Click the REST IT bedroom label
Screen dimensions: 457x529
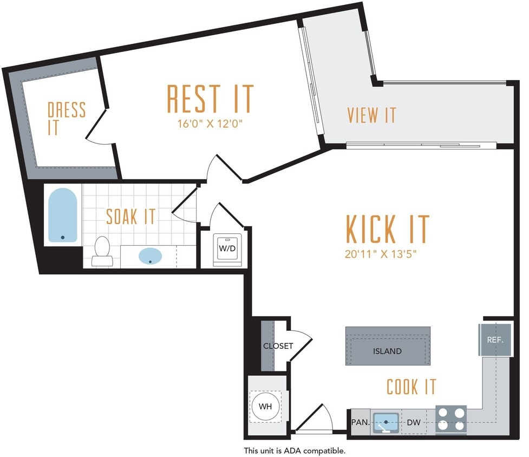[x=210, y=99]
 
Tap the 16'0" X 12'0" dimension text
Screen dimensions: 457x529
[x=210, y=123]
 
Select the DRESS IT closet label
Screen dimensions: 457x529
[x=67, y=118]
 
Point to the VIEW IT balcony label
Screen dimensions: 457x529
[x=371, y=115]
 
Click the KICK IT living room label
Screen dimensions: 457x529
[x=387, y=229]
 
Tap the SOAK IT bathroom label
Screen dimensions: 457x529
[x=130, y=217]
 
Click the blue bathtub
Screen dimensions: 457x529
[x=62, y=215]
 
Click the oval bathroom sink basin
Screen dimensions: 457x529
[x=149, y=256]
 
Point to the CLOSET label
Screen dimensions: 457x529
[x=278, y=346]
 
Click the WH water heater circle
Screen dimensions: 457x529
[x=266, y=406]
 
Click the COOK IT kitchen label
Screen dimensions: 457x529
[x=411, y=387]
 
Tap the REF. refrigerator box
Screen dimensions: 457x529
[x=495, y=341]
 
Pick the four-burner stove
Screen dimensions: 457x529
[x=451, y=419]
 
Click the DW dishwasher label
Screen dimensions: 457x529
[x=414, y=422]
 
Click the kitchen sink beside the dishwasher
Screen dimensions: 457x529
[x=386, y=421]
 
